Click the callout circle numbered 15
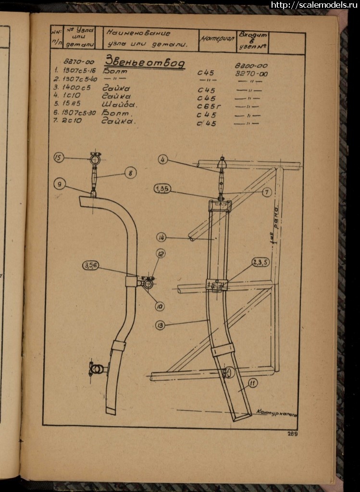(59, 158)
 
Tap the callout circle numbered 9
(59, 183)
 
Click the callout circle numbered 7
(267, 192)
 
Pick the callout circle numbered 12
(161, 253)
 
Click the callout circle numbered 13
(160, 325)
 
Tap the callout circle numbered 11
(253, 383)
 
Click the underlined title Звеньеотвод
(144, 63)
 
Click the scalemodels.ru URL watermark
(315, 5)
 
